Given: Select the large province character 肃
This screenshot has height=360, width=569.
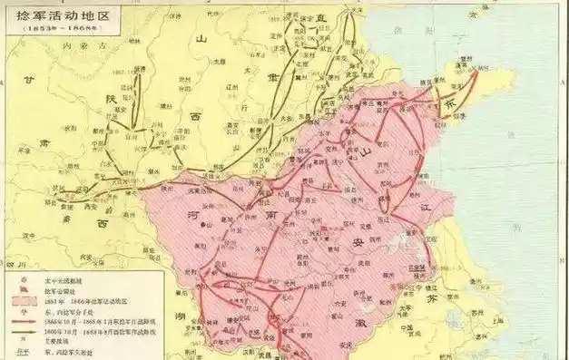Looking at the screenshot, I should point(45,144).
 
